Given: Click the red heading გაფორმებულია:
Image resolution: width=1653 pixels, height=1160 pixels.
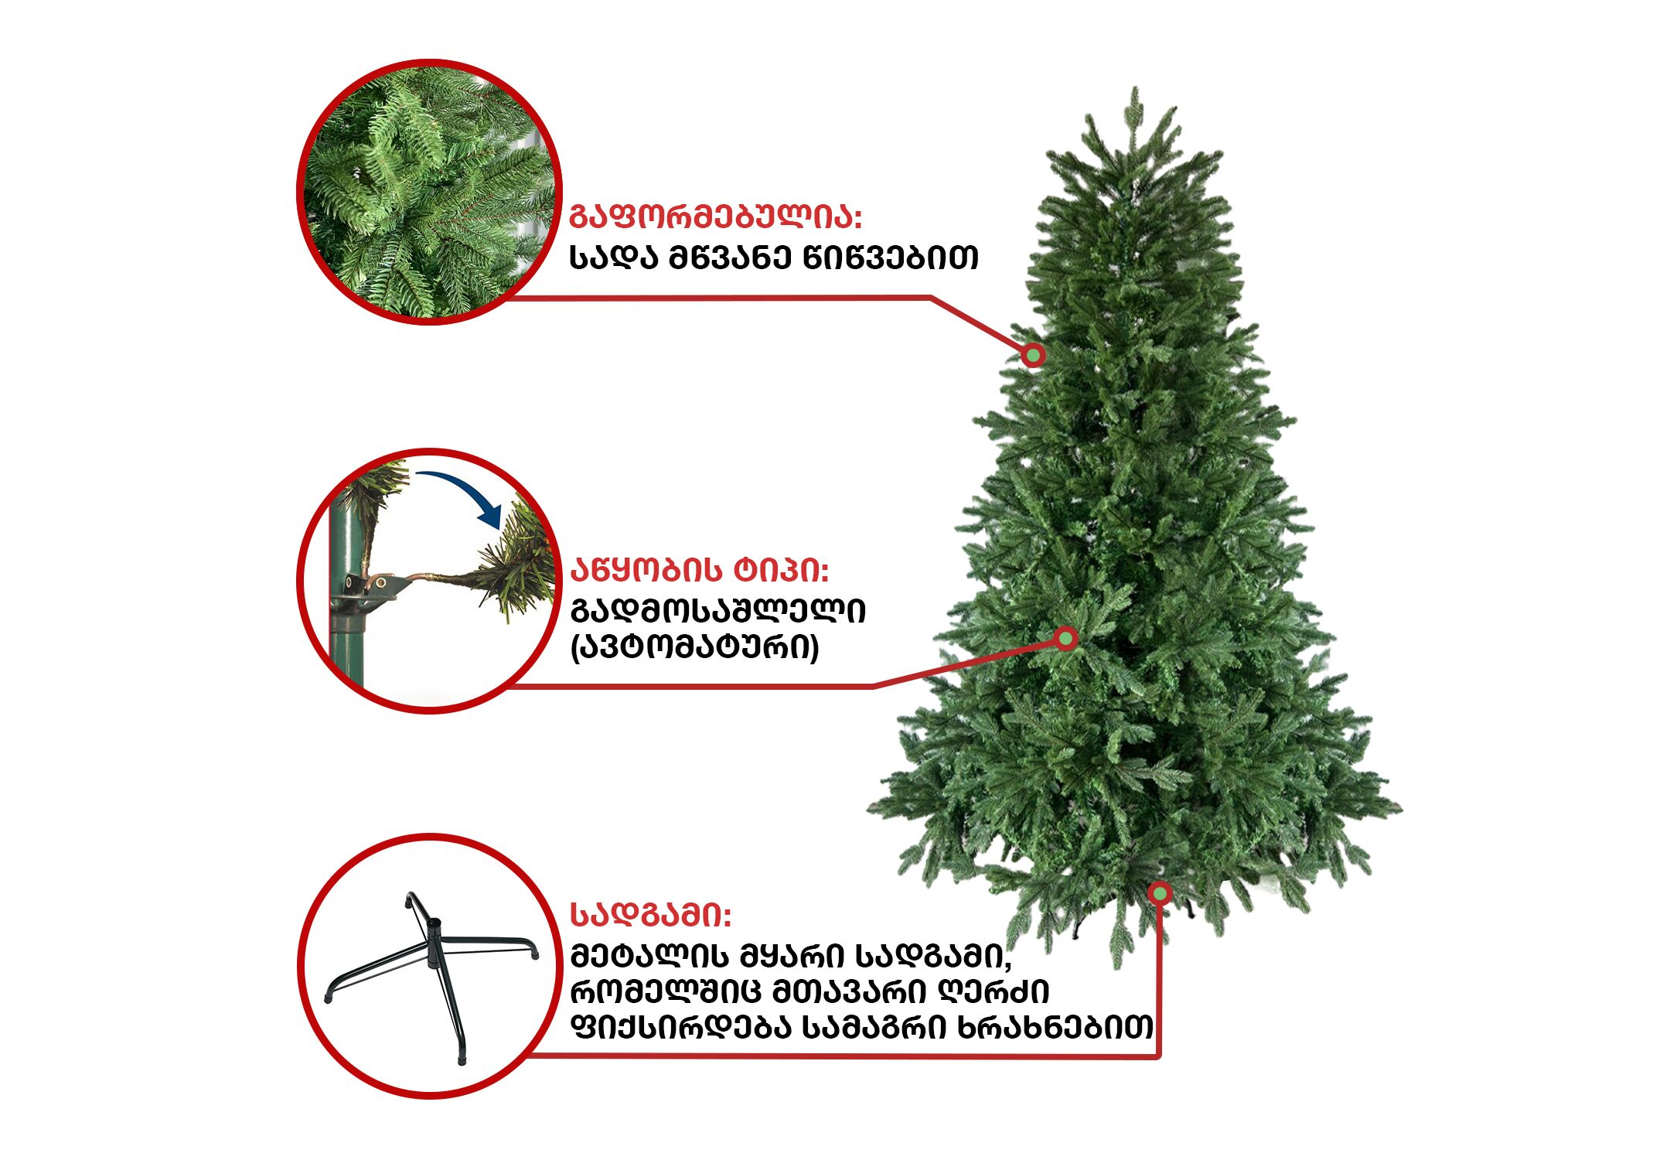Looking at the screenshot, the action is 715,217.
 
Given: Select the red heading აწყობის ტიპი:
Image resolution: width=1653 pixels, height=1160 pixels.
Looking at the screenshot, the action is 700,571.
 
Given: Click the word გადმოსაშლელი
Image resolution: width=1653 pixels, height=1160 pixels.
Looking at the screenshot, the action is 718,610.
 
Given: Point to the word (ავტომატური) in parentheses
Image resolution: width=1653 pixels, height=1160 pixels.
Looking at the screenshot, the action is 694,647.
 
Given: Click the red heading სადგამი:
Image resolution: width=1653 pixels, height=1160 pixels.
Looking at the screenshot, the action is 650,915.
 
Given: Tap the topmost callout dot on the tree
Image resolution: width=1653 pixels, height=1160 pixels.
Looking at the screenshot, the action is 1033,355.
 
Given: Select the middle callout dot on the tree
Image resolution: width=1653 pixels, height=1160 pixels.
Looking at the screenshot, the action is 1066,638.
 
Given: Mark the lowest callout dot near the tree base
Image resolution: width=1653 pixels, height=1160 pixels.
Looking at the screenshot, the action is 1159,894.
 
